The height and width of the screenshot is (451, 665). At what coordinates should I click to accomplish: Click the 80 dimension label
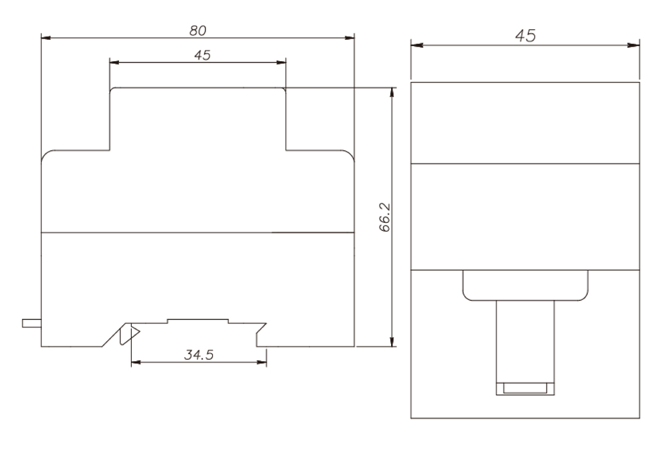click(198, 30)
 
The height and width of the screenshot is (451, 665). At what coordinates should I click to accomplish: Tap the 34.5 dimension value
click(198, 355)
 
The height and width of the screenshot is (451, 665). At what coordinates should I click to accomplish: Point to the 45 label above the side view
click(525, 36)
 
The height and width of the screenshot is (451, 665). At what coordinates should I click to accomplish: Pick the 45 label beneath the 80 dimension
click(198, 55)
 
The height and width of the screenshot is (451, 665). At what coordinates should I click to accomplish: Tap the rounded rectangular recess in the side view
click(525, 285)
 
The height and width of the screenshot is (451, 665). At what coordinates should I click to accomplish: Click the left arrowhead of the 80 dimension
click(45, 38)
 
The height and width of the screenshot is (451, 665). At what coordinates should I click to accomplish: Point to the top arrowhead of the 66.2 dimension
click(392, 92)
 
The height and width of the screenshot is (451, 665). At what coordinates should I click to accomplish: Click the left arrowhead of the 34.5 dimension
click(135, 363)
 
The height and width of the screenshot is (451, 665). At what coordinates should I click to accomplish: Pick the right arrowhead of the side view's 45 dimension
click(636, 45)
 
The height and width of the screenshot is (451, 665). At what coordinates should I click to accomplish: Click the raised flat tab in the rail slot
click(198, 320)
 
